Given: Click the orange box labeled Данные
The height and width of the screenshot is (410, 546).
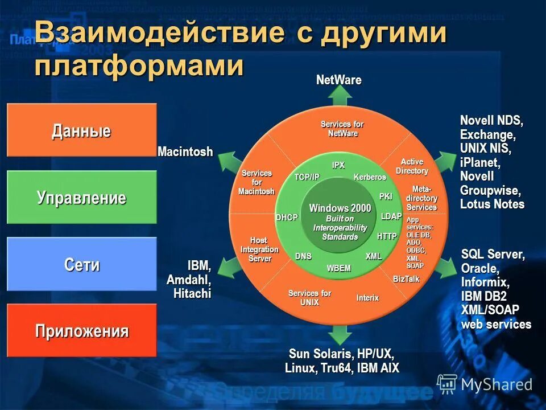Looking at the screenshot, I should click(81, 130).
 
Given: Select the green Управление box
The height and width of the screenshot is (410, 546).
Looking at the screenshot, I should click(81, 197).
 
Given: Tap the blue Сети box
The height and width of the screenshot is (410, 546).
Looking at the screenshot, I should click(81, 264).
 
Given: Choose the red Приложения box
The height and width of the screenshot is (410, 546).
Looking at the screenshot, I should click(81, 331).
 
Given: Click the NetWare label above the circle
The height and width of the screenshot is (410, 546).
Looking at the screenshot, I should click(338, 80).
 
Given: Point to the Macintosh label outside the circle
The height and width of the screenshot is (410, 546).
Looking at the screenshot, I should click(185, 151).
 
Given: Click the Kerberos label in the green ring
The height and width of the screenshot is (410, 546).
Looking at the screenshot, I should click(370, 177).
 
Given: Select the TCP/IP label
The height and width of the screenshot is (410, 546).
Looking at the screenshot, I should click(307, 177).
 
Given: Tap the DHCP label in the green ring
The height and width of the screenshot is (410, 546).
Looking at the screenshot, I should click(287, 218).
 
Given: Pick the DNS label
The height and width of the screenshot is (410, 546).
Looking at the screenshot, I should click(303, 256).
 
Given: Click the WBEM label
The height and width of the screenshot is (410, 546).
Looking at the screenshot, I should click(339, 268).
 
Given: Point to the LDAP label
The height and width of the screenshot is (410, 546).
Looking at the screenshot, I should click(391, 216).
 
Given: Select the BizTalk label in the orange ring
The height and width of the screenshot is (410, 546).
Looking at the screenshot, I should click(406, 279).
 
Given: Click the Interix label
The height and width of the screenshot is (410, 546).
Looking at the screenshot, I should click(367, 298).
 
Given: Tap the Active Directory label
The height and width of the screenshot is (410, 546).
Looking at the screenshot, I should click(412, 166).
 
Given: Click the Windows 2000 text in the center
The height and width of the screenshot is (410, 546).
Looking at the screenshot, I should click(340, 208).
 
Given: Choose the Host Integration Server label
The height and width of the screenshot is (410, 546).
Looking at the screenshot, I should click(259, 249).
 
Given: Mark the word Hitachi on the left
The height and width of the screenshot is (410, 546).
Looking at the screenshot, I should click(192, 293).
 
